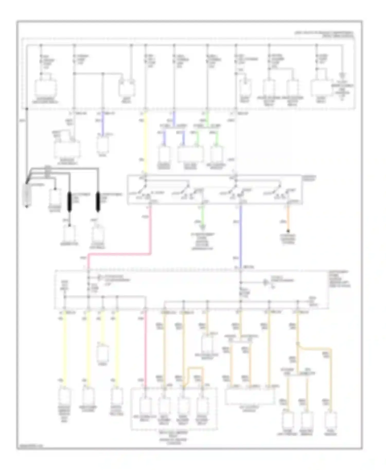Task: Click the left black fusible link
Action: tap(69, 202)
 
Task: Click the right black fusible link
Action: tap(98, 202)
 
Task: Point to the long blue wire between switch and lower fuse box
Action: tap(241, 237)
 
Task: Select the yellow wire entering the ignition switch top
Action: tap(145, 141)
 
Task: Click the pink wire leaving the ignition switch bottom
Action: tap(151, 231)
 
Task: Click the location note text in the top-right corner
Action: tap(338, 34)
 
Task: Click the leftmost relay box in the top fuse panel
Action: tap(46, 87)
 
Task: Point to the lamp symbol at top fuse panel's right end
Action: tap(342, 76)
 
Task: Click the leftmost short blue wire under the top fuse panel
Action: tap(103, 123)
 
